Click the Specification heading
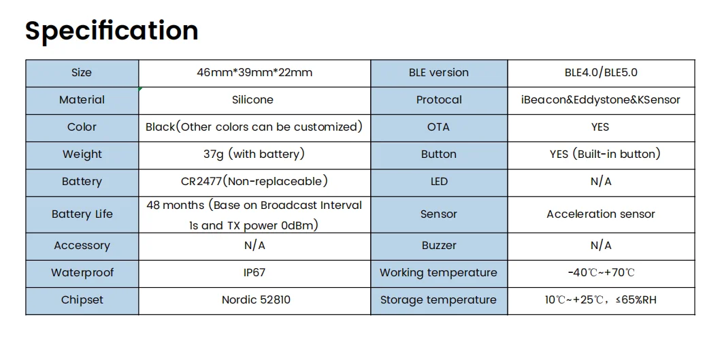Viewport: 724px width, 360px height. (x=112, y=31)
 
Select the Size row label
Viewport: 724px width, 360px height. (x=82, y=72)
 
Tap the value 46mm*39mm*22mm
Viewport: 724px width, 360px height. (x=254, y=72)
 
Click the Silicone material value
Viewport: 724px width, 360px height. (x=252, y=99)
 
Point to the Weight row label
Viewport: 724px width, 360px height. (x=82, y=154)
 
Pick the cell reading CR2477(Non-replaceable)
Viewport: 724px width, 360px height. (x=254, y=182)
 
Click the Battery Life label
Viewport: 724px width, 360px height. (x=82, y=214)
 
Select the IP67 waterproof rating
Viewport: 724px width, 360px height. (x=254, y=272)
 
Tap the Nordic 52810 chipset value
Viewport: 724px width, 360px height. (x=257, y=299)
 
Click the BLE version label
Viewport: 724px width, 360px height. (x=439, y=72)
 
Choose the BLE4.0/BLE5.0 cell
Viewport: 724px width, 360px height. (x=602, y=72)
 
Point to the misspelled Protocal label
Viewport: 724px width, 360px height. (x=439, y=99)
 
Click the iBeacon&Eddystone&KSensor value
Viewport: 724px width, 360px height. (x=601, y=99)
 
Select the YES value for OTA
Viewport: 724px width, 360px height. (x=600, y=127)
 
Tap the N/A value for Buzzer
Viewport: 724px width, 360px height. (x=602, y=246)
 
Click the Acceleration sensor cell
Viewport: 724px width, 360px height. (x=601, y=214)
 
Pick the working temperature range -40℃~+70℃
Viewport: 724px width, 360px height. (x=602, y=272)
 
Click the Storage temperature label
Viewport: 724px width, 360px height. (x=439, y=300)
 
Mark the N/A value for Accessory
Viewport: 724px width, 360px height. (x=254, y=246)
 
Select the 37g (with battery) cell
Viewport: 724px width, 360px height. (x=254, y=154)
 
